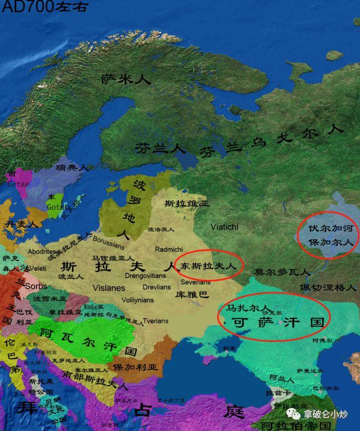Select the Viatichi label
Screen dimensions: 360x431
point(224,227)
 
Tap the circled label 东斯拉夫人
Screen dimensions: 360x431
point(209,265)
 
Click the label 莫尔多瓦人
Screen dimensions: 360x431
point(282,272)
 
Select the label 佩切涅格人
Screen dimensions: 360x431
point(328,287)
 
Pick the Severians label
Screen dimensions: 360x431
point(196,282)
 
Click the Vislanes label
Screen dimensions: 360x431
point(109,288)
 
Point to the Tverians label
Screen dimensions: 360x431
point(156,321)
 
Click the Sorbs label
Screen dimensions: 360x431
point(36,287)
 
